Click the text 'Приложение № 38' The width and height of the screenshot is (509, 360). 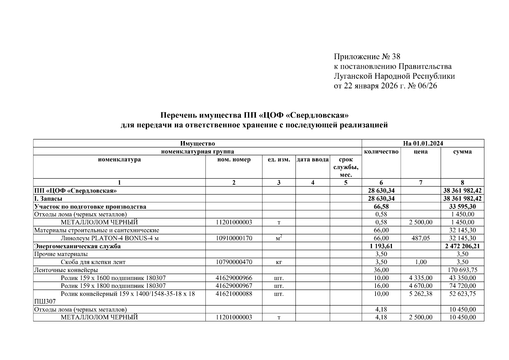(367, 57)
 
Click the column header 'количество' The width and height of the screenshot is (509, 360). (381, 152)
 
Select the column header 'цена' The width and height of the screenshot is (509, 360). (421, 152)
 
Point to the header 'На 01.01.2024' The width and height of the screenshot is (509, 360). (423, 143)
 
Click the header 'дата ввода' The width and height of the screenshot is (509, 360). (313, 160)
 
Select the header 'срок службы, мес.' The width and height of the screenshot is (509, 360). (346, 167)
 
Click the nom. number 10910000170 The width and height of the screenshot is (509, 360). (234, 238)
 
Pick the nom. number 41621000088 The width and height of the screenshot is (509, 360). (234, 294)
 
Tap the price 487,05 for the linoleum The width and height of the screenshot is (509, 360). (421, 238)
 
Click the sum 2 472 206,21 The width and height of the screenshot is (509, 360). (462, 246)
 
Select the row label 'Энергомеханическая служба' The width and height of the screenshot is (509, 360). (77, 246)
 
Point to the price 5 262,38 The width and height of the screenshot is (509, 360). (421, 294)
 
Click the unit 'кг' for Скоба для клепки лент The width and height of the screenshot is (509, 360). (279, 262)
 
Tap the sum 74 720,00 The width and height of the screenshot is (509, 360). (462, 286)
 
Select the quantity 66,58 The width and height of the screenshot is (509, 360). (381, 207)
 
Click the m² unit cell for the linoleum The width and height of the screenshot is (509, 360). (279, 238)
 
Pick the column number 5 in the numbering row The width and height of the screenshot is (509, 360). (346, 183)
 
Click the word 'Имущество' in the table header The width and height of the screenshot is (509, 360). (197, 143)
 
